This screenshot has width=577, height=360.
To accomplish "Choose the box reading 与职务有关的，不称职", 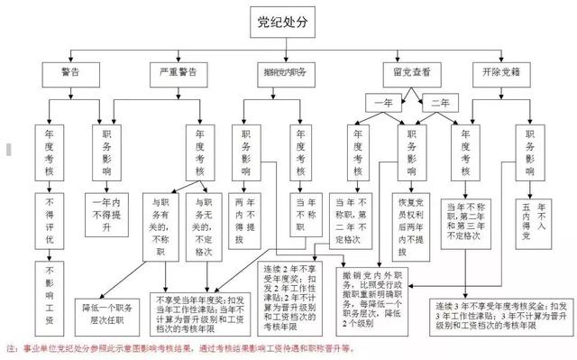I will [161, 222].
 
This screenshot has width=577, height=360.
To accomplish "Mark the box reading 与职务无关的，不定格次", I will [204, 222].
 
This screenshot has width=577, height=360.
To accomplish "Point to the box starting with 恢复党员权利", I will [414, 222].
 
